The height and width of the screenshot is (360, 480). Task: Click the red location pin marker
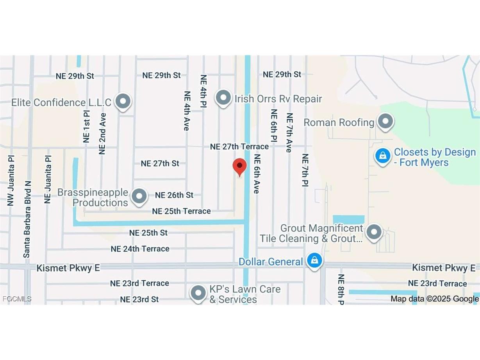(x=239, y=167)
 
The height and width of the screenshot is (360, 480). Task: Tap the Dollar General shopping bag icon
(x=314, y=261)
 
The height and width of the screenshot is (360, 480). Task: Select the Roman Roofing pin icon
(x=386, y=121)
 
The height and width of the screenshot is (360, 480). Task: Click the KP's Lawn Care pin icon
(x=198, y=293)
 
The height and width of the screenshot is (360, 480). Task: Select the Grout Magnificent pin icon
(x=374, y=232)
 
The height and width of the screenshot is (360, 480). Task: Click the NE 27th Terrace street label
(x=239, y=147)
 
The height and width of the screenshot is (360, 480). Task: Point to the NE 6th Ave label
(x=257, y=174)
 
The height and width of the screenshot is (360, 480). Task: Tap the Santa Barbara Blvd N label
(x=27, y=219)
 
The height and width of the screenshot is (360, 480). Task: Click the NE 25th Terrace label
(x=181, y=211)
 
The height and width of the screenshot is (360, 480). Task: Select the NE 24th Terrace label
(x=140, y=249)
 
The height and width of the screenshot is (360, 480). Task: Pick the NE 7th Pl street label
(x=305, y=170)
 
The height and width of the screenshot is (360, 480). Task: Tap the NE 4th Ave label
(x=187, y=111)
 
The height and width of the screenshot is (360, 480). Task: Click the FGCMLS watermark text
(x=16, y=299)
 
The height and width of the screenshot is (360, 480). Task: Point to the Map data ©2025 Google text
(x=434, y=299)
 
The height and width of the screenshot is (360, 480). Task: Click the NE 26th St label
(x=174, y=195)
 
